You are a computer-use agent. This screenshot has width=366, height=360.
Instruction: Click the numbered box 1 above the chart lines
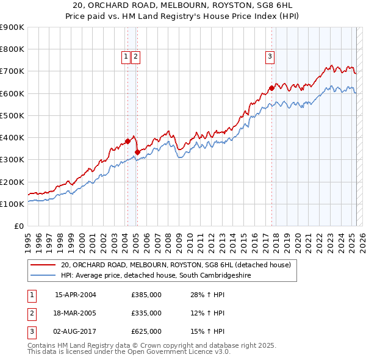pyautogui.click(x=126, y=57)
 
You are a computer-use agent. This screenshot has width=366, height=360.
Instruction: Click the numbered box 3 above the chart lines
pyautogui.click(x=270, y=57)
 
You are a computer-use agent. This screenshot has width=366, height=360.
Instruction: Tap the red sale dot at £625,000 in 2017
pyautogui.click(x=271, y=88)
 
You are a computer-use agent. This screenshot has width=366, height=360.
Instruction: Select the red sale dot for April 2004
pyautogui.click(x=127, y=141)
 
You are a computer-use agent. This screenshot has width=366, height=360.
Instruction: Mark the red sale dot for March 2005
pyautogui.click(x=137, y=152)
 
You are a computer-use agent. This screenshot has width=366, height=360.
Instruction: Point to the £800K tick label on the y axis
pyautogui.click(x=12, y=49)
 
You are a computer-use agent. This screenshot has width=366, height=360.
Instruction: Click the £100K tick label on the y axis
pyautogui.click(x=12, y=204)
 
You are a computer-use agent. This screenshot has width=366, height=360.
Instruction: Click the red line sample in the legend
pyautogui.click(x=43, y=265)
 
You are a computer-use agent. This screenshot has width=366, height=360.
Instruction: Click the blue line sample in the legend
pyautogui.click(x=43, y=276)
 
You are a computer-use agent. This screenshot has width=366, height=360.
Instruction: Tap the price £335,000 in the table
pyautogui.click(x=146, y=314)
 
